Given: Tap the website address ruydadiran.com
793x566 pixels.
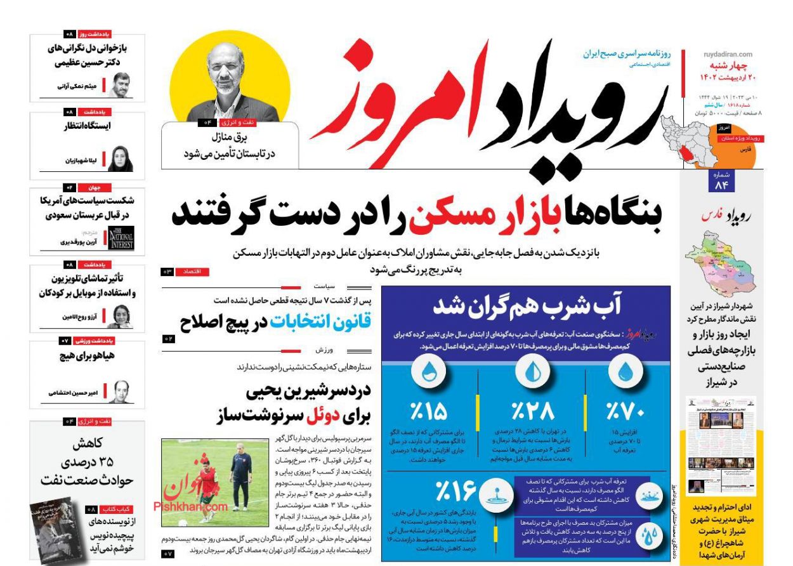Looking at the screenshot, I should point(728,55).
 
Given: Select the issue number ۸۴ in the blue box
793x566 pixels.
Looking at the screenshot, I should point(721,184).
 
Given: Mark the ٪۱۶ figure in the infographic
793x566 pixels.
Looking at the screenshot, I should point(455,490).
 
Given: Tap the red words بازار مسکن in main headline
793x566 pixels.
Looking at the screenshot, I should point(482,215).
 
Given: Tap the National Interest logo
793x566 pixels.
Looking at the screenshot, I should point(121,238).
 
